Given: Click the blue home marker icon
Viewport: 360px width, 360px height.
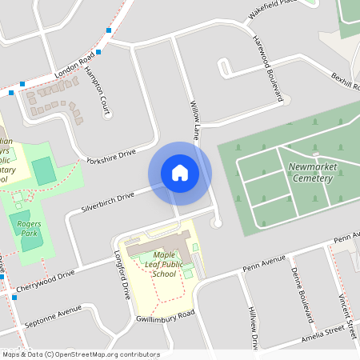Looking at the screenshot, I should tap(180, 173).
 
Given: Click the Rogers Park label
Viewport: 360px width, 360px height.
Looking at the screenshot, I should tap(30, 230).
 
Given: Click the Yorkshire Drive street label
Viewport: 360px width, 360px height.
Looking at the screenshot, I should tap(113, 155).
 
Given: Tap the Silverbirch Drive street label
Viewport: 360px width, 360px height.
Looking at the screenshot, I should tap(107, 202).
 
